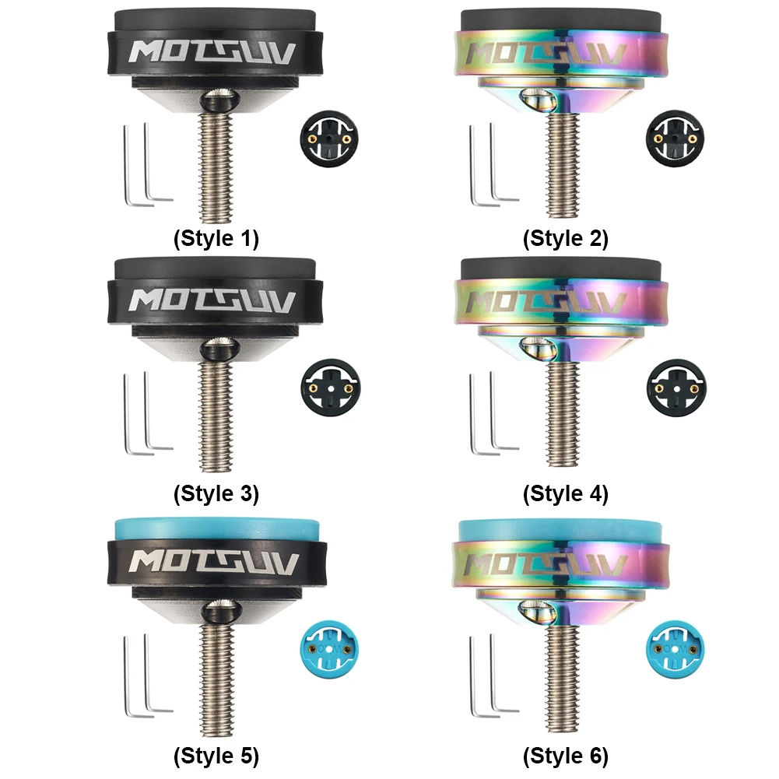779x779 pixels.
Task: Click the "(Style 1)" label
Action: [x=216, y=238]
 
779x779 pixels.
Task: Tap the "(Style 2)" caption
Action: [x=565, y=238]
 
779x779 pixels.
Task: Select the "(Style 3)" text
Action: [x=216, y=494]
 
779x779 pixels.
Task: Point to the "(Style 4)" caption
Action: [x=565, y=494]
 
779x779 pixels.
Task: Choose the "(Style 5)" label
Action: [x=216, y=756]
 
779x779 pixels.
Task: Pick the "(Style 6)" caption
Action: [x=565, y=756]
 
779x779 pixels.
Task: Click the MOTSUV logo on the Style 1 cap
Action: [x=212, y=52]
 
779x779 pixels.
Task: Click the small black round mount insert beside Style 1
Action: [x=330, y=139]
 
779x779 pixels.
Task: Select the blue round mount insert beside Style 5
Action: [x=329, y=649]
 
